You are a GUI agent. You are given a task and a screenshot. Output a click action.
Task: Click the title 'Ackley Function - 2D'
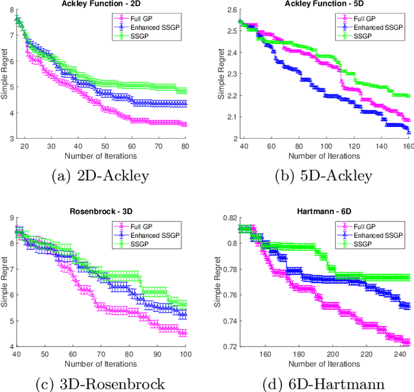(x=102, y=4)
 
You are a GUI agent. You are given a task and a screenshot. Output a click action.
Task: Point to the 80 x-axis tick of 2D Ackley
(x=186, y=147)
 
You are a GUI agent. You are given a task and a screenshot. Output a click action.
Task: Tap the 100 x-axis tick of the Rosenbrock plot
(x=186, y=354)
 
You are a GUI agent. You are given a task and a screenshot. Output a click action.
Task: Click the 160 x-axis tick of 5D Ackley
(x=409, y=147)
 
